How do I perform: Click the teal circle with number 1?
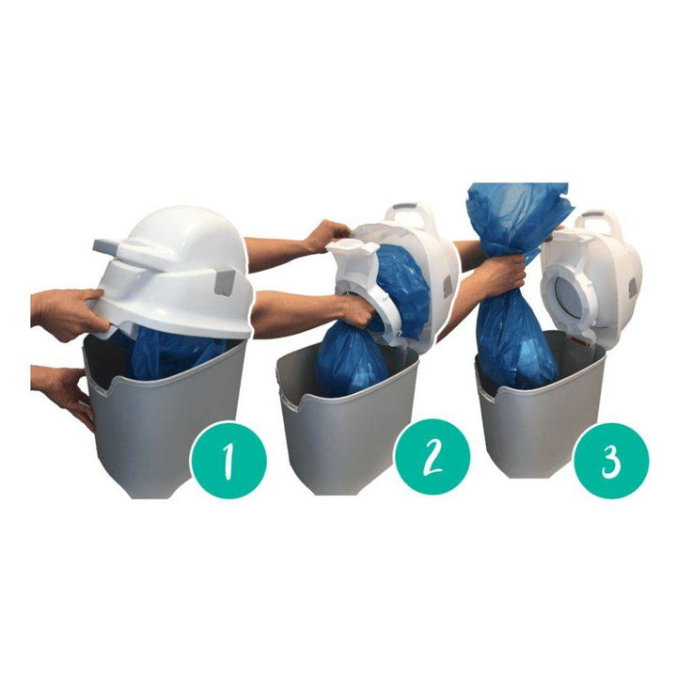tap(228, 461)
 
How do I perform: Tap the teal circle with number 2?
tap(433, 459)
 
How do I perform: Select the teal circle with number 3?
tap(611, 461)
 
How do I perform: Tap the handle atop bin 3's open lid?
tap(599, 221)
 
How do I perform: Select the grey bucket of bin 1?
tap(164, 415)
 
